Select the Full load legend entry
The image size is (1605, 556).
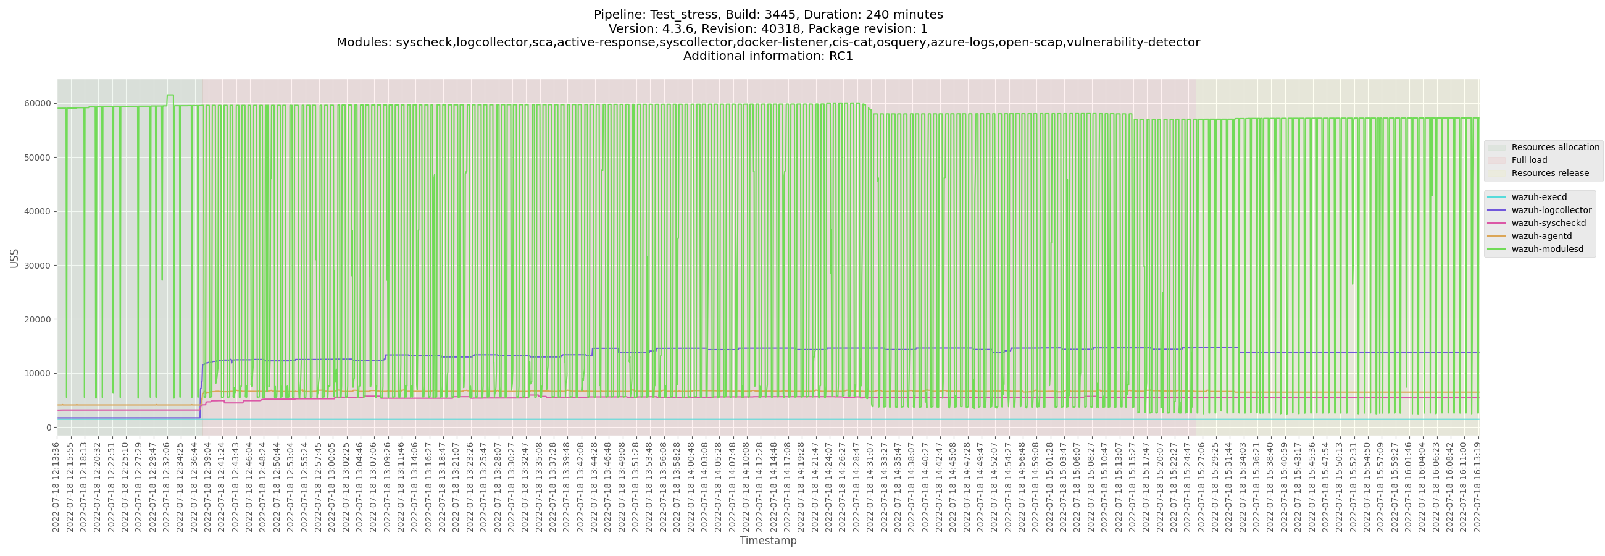coord(1529,160)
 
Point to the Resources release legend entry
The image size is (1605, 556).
coord(1549,173)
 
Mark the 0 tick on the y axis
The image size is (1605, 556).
coord(48,428)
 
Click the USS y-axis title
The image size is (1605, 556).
coord(14,258)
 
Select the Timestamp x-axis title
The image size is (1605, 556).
coord(767,541)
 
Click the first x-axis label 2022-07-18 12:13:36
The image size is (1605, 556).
coord(56,486)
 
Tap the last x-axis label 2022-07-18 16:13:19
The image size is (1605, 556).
coord(1477,486)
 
